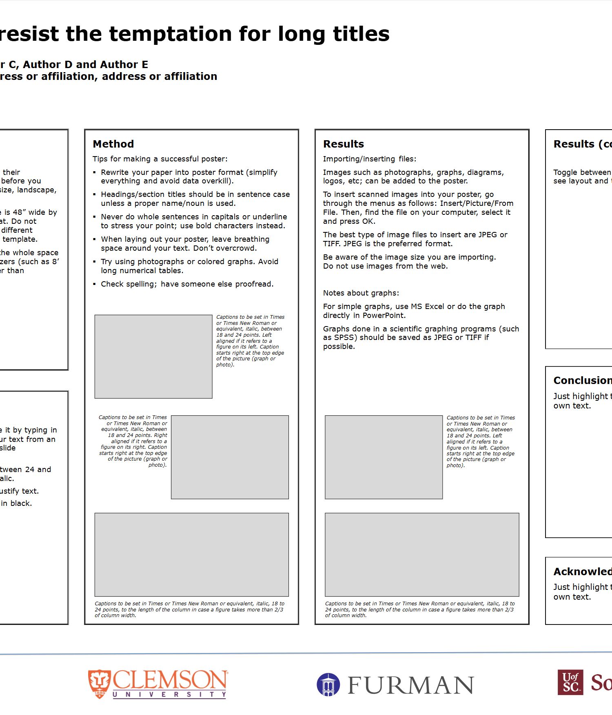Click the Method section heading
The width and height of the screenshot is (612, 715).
pyautogui.click(x=113, y=144)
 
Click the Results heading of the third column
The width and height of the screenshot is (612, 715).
pyautogui.click(x=343, y=144)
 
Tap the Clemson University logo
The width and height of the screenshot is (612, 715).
pyautogui.click(x=157, y=684)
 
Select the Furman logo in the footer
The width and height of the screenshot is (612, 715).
pyautogui.click(x=395, y=684)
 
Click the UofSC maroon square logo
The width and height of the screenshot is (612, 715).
pyautogui.click(x=570, y=682)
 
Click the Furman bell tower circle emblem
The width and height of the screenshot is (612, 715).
pyautogui.click(x=328, y=684)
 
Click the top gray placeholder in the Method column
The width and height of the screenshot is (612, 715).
pyautogui.click(x=153, y=356)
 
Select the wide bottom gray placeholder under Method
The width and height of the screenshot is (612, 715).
pyautogui.click(x=191, y=554)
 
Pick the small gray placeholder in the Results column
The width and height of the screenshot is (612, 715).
pyautogui.click(x=384, y=457)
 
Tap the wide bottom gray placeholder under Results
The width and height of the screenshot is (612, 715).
pyautogui.click(x=422, y=554)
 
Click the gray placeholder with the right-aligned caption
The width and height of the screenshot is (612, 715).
pyautogui.click(x=230, y=457)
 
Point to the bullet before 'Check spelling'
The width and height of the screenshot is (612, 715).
pyautogui.click(x=95, y=284)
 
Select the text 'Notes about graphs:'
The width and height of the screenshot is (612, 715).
pyautogui.click(x=361, y=293)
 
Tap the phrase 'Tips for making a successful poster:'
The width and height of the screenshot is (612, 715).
pyautogui.click(x=160, y=159)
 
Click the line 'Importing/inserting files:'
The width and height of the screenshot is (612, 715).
pyautogui.click(x=369, y=159)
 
